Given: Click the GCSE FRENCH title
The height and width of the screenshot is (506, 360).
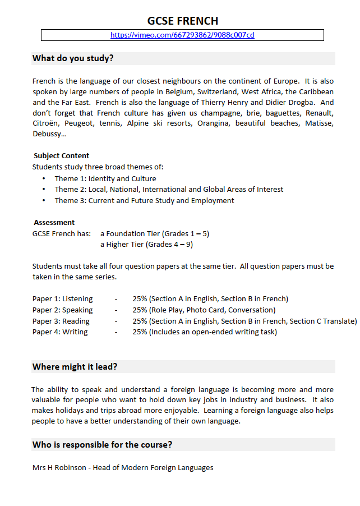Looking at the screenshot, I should tap(182, 21).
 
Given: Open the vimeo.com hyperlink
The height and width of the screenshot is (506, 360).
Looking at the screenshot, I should tap(182, 35).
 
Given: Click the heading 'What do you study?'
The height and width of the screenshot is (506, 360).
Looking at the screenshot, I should tap(73, 58).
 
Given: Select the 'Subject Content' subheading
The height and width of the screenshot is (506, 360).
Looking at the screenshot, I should tap(61, 155).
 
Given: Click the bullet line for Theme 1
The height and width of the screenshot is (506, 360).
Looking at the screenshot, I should tap(105, 178).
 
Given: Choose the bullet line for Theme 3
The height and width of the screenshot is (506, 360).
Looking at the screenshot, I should tap(144, 200).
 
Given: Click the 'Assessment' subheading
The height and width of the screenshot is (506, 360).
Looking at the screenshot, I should tap(54, 222).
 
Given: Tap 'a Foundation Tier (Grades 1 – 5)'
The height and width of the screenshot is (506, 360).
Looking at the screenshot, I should tap(155, 233).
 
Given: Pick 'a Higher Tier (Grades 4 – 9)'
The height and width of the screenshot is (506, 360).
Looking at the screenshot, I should tap(146, 244).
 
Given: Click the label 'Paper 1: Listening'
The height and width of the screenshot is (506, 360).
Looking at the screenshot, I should tap(62, 298).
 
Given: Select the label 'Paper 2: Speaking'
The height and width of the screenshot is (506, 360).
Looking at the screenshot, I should tap(62, 310).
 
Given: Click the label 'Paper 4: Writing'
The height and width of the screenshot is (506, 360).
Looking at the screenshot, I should tap(60, 332).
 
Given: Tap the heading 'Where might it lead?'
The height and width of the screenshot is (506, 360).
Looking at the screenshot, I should tap(75, 367).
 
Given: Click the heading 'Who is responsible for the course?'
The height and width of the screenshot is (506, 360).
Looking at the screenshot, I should tap(102, 445).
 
